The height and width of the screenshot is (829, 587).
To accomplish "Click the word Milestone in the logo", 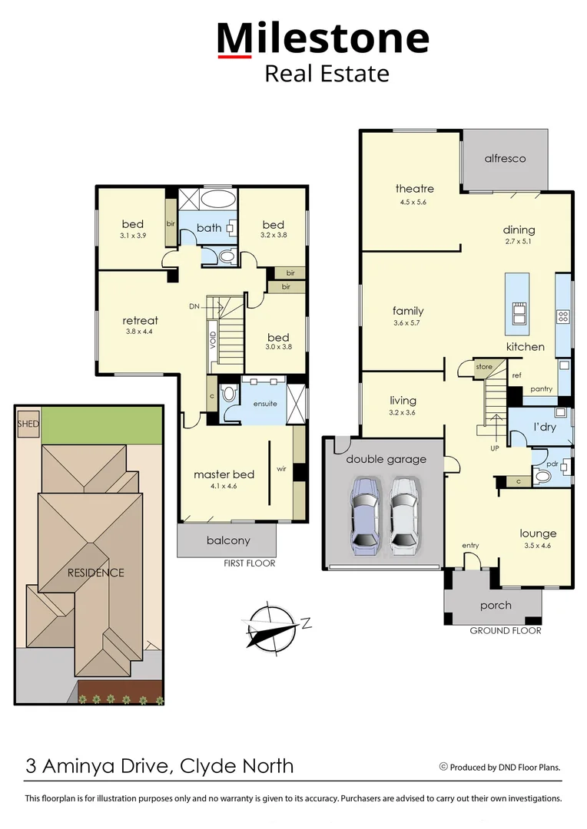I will point(322,38).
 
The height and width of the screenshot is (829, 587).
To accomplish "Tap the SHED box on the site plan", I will point(28,424).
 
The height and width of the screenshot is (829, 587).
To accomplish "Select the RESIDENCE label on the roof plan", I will point(95,573).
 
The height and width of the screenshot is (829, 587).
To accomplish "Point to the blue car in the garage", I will point(364,515).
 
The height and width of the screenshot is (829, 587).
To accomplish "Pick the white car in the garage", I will point(403,515).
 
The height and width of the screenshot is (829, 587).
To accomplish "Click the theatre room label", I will point(415,189).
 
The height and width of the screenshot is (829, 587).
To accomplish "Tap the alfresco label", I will point(505,158).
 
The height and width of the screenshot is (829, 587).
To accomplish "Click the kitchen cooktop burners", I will point(562,315).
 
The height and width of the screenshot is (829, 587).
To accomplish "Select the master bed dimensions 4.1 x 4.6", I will point(224,487).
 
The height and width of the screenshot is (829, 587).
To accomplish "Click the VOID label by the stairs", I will point(214,337).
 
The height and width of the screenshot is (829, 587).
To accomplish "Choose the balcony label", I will point(228,540).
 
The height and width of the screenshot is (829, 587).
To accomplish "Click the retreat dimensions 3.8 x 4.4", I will point(140,332).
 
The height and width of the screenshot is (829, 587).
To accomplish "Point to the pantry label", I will point(542,389).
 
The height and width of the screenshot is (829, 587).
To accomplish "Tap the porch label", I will point(496,606).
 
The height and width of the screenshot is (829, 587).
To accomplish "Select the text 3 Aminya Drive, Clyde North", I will point(160,765).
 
